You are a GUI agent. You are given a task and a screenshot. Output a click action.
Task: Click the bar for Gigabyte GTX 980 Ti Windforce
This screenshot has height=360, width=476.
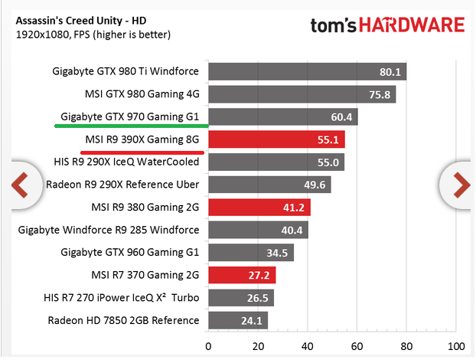click(x=307, y=72)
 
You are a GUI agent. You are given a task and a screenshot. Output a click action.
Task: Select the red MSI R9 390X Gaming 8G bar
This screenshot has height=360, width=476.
click(x=276, y=139)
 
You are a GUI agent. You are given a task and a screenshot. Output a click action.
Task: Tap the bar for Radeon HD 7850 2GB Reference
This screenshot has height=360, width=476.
click(x=238, y=320)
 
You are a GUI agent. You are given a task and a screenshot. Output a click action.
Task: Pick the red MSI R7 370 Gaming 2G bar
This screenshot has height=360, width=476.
click(x=242, y=275)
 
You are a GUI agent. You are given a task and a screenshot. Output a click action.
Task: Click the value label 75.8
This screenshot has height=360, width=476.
click(x=380, y=95)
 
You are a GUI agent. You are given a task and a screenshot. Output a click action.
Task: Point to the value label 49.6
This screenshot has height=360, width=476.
click(x=315, y=185)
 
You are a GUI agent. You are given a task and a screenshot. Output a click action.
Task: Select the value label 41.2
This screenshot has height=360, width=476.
click(x=294, y=208)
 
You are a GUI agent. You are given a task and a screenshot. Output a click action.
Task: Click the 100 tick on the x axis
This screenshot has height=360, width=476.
click(x=456, y=346)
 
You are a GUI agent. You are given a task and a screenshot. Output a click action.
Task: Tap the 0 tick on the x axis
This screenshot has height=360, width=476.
click(x=208, y=346)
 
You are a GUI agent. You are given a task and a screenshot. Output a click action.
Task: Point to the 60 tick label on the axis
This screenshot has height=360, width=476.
click(x=357, y=346)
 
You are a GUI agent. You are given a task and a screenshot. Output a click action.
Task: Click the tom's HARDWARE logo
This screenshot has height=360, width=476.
click(x=387, y=25)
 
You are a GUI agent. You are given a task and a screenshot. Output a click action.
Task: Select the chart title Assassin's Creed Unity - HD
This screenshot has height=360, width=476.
click(x=81, y=21)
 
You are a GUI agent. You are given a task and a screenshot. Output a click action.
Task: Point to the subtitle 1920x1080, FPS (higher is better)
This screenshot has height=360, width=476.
click(x=93, y=34)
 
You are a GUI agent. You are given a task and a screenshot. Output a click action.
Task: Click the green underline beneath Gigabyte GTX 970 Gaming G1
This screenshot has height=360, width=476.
click(x=132, y=126)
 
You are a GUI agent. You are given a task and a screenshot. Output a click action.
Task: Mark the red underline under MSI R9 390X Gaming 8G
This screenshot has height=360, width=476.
click(x=142, y=152)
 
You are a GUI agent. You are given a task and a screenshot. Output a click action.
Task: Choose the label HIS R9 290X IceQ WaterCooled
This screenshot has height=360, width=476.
click(x=126, y=162)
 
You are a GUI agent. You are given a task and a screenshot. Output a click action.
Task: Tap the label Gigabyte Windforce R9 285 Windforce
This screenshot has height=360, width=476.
click(x=109, y=230)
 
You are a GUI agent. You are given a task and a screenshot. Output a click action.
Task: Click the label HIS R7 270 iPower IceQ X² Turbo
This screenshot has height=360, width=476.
click(x=122, y=297)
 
